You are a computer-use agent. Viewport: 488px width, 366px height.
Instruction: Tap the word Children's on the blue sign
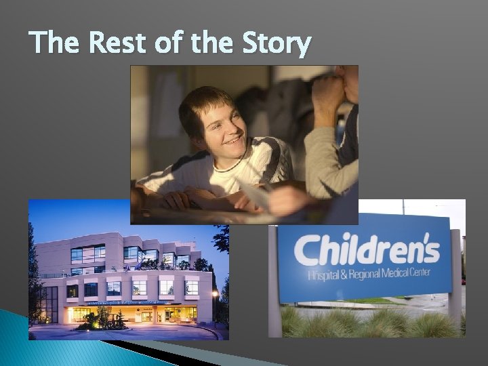click(x=366, y=251)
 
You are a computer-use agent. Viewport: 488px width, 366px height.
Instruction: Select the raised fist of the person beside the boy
click(x=329, y=95)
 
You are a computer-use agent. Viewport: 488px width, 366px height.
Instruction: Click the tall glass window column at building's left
click(x=51, y=302)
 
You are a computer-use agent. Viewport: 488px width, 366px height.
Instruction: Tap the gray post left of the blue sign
click(x=274, y=285)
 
